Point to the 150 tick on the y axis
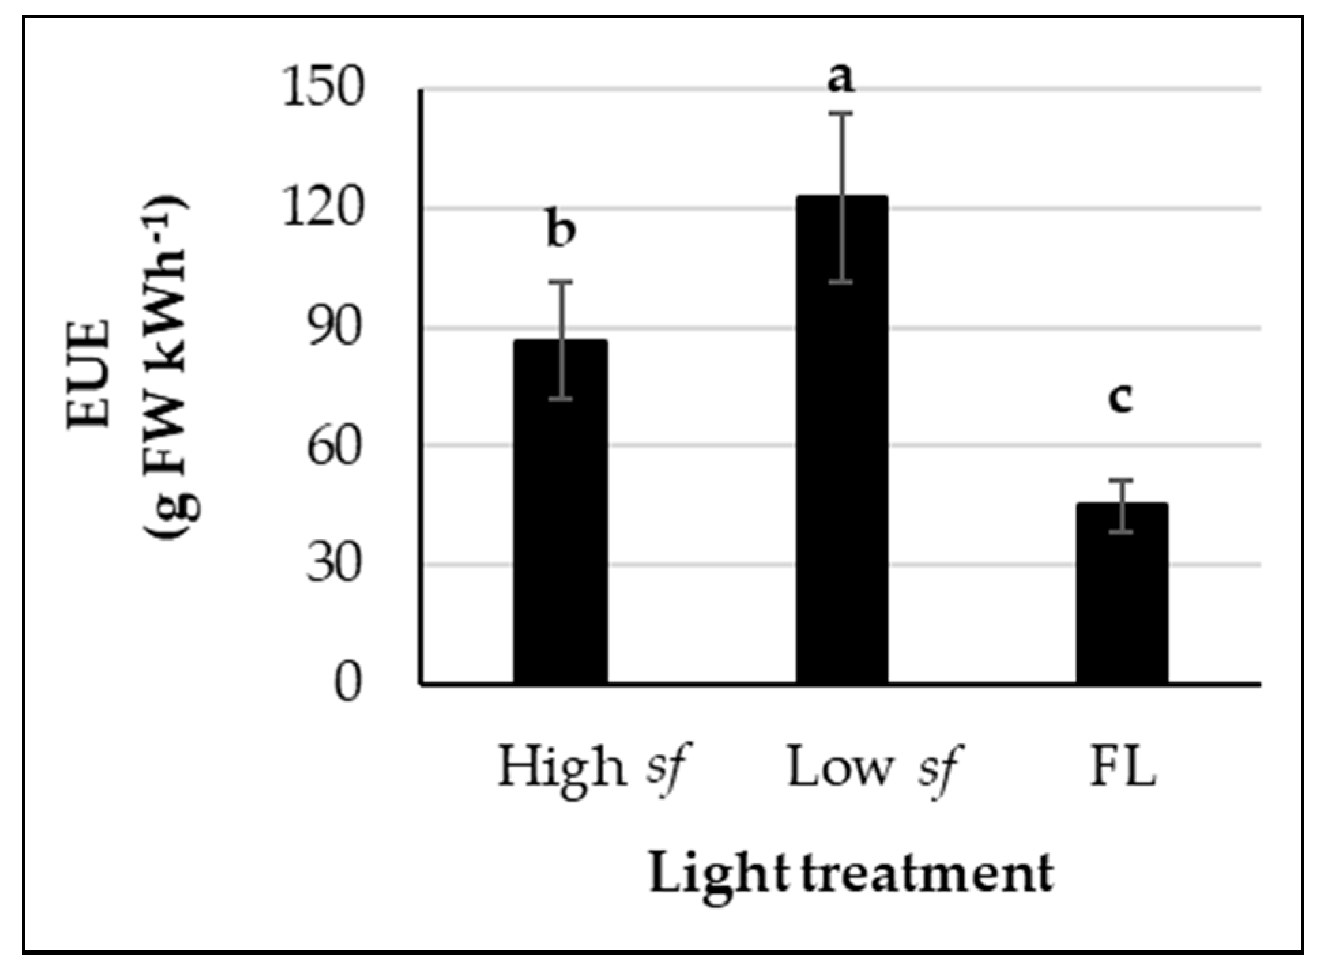click(323, 88)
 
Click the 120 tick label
click(323, 208)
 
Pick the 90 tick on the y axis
click(333, 327)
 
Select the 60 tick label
click(333, 446)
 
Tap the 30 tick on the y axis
click(333, 564)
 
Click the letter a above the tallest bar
click(841, 78)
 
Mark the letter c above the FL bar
click(1120, 398)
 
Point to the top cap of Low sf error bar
click(842, 114)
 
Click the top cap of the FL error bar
click(1122, 481)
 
